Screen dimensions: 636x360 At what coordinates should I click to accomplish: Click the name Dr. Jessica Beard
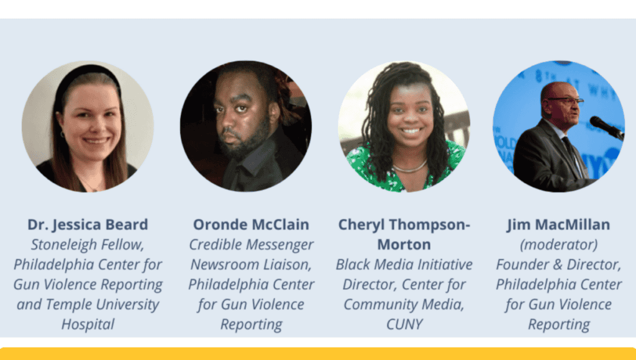point(88,225)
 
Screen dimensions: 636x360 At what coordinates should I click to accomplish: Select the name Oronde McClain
point(251,225)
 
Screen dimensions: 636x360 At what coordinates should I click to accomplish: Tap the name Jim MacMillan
point(558,225)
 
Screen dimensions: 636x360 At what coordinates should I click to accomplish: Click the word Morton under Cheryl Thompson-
point(404,245)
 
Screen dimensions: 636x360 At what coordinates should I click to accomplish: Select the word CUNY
point(404,325)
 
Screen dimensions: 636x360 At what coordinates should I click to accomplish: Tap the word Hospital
point(88,325)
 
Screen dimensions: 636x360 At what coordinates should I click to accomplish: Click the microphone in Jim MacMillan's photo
point(606,127)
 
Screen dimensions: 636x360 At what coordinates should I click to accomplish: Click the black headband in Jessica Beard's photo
point(86,73)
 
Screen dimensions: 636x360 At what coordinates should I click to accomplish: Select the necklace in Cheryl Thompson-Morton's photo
point(410,168)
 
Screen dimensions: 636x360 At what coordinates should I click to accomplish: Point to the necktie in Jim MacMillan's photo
point(573,154)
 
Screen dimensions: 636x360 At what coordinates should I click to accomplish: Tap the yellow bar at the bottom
point(318,354)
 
